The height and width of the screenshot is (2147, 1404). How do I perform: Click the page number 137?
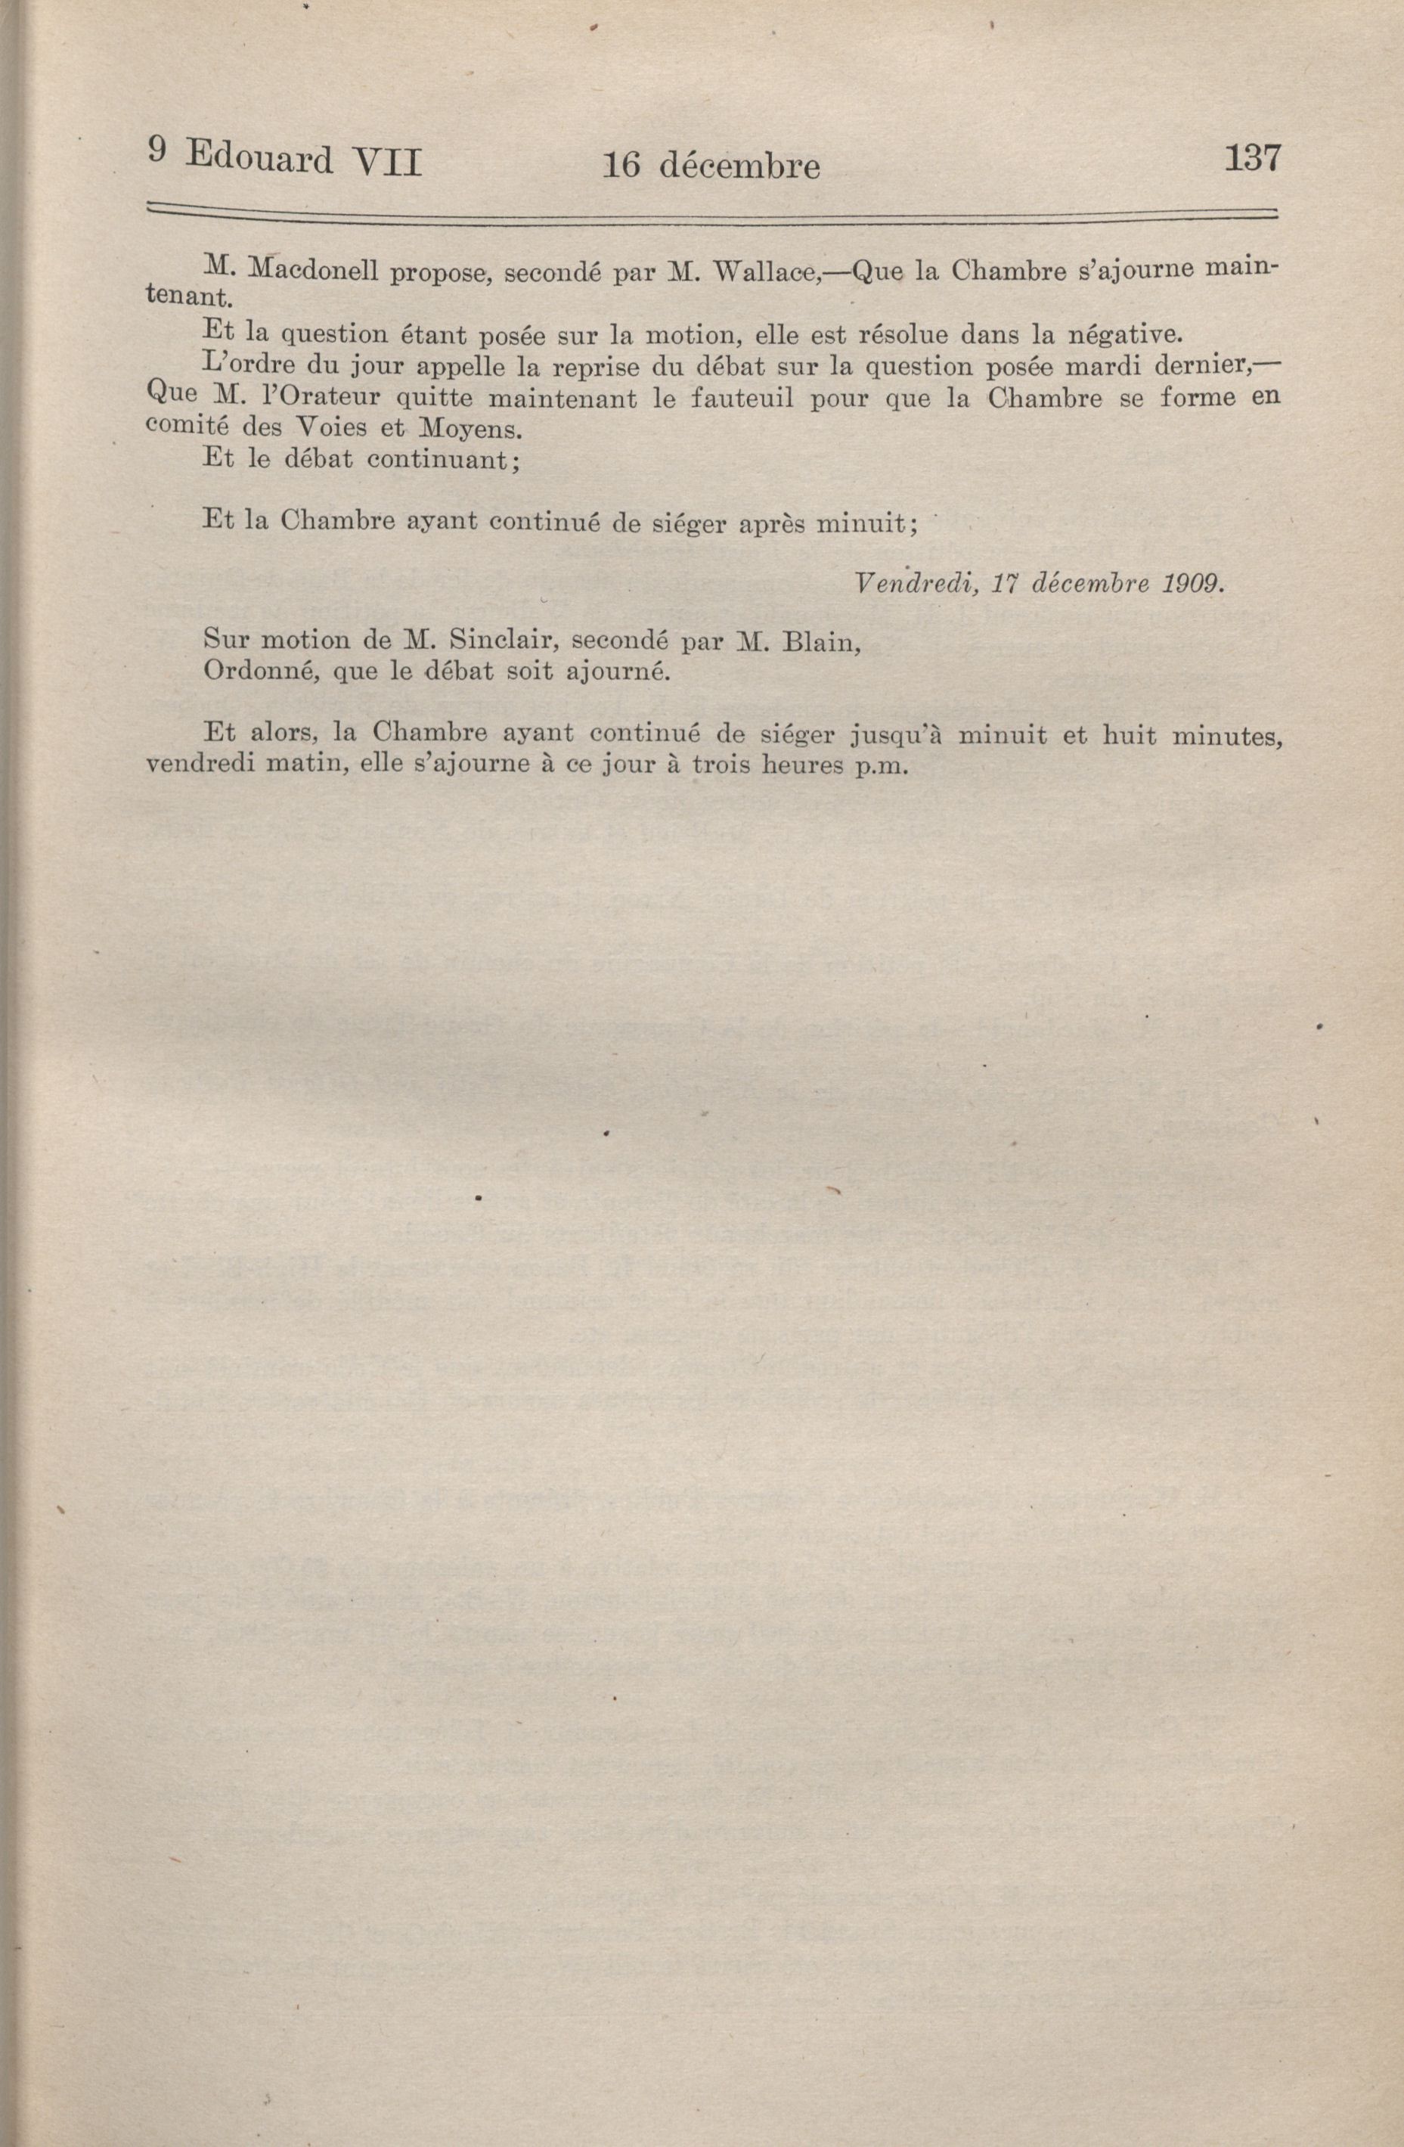click(1251, 159)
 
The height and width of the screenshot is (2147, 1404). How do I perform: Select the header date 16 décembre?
click(711, 165)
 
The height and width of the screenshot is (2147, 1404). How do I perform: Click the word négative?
click(1124, 335)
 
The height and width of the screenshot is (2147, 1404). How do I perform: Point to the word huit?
click(1131, 734)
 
